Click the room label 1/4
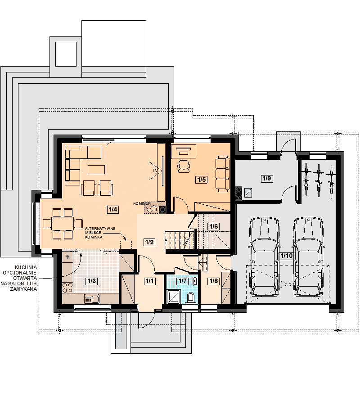click(x=113, y=209)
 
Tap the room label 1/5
click(x=202, y=179)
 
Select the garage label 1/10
click(x=287, y=256)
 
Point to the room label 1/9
click(x=267, y=178)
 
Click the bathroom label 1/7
click(x=183, y=281)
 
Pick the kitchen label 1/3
click(x=91, y=281)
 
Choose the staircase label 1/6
click(x=214, y=226)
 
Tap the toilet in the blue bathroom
click(x=191, y=298)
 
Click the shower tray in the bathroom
click(x=174, y=297)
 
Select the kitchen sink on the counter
click(x=92, y=299)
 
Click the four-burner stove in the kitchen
click(x=67, y=288)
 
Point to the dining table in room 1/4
click(x=63, y=223)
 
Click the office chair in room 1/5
click(x=183, y=166)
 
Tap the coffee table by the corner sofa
click(x=96, y=170)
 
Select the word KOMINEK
click(x=142, y=203)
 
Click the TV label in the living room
click(x=155, y=171)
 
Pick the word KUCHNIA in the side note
click(x=26, y=267)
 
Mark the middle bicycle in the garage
click(x=319, y=178)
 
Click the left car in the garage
click(x=264, y=256)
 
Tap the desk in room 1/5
click(x=184, y=151)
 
